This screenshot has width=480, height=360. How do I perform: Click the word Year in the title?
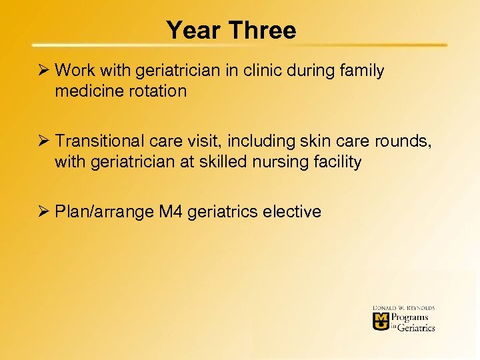pos(192,30)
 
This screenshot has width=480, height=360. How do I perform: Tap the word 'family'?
pos(363,71)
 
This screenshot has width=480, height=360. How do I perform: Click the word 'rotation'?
pos(157,91)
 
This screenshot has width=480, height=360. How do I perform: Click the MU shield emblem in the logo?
pos(381,321)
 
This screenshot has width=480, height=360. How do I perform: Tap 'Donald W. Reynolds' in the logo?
pos(404,308)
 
